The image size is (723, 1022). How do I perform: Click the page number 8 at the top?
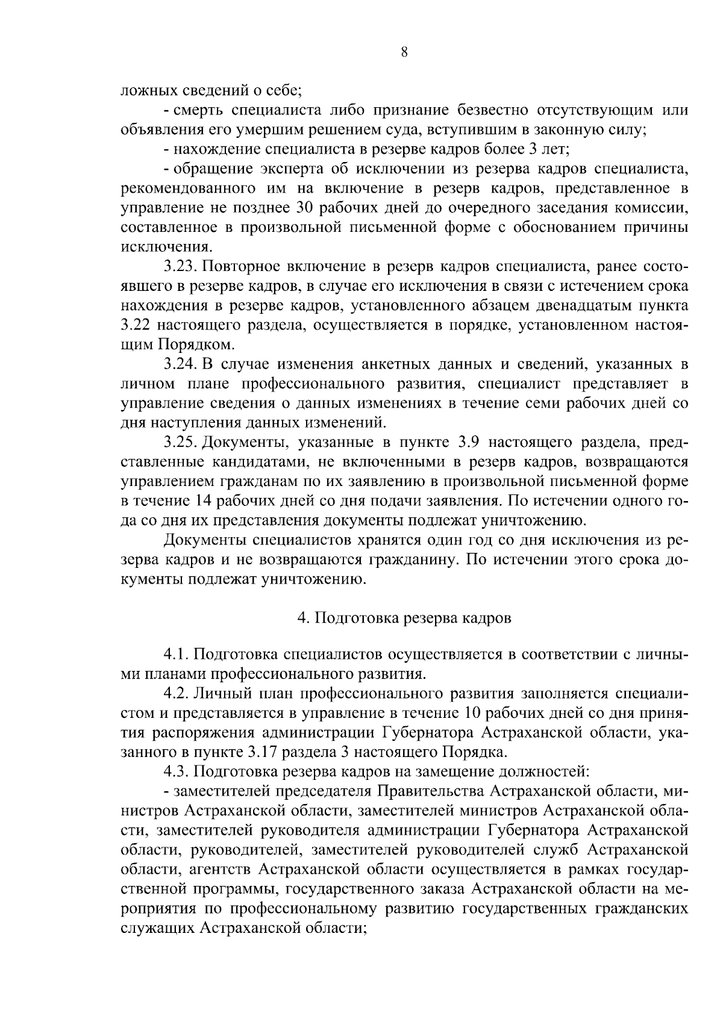pyautogui.click(x=404, y=52)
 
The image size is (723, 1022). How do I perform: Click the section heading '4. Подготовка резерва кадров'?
pyautogui.click(x=404, y=618)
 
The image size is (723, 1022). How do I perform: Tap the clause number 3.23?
pyautogui.click(x=179, y=267)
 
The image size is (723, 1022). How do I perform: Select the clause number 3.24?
pyautogui.click(x=179, y=364)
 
